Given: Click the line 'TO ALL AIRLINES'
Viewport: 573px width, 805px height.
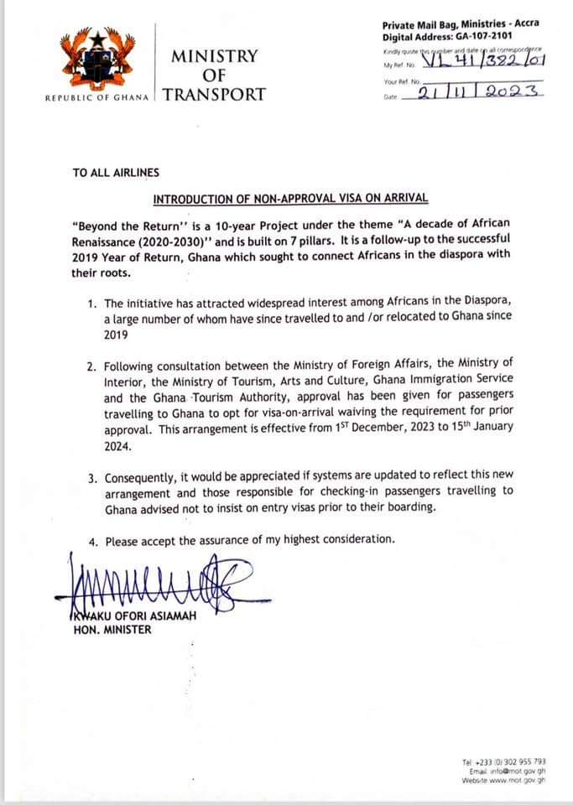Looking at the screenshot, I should pos(116,173).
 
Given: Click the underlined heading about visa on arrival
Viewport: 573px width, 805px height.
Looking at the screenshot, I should pos(290,199).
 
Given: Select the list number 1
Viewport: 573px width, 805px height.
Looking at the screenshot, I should pos(92,302).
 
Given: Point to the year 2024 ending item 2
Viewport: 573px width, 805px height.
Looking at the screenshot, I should pos(118,447).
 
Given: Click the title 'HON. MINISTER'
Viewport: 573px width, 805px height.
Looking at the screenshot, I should pos(112,630).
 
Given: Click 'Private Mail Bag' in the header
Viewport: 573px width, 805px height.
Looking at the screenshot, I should pos(419,27).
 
